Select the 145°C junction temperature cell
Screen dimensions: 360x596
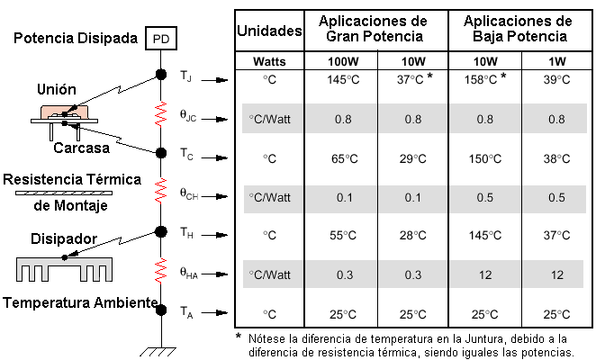(x=343, y=80)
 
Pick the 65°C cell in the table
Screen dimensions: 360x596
(x=343, y=158)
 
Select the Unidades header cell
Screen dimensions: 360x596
(x=268, y=31)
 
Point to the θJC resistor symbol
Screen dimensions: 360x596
(x=161, y=112)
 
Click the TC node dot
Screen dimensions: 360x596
(x=161, y=152)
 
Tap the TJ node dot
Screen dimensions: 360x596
(x=161, y=75)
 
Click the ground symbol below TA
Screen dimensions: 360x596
(x=161, y=348)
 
